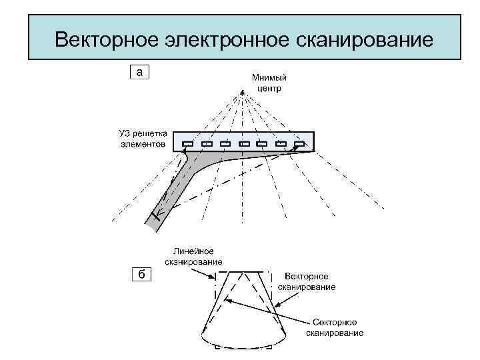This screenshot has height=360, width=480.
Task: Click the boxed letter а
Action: click(x=139, y=71)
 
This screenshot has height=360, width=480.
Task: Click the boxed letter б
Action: click(x=141, y=275)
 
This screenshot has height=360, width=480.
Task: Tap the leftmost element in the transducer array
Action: click(x=188, y=143)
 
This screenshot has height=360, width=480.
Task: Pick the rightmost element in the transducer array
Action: click(x=299, y=143)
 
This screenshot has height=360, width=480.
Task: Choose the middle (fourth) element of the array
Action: click(x=244, y=143)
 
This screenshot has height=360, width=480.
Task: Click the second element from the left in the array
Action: click(x=207, y=143)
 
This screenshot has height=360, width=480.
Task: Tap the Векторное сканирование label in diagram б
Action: click(x=310, y=281)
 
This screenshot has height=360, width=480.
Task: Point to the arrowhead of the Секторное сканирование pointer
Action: click(x=225, y=299)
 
